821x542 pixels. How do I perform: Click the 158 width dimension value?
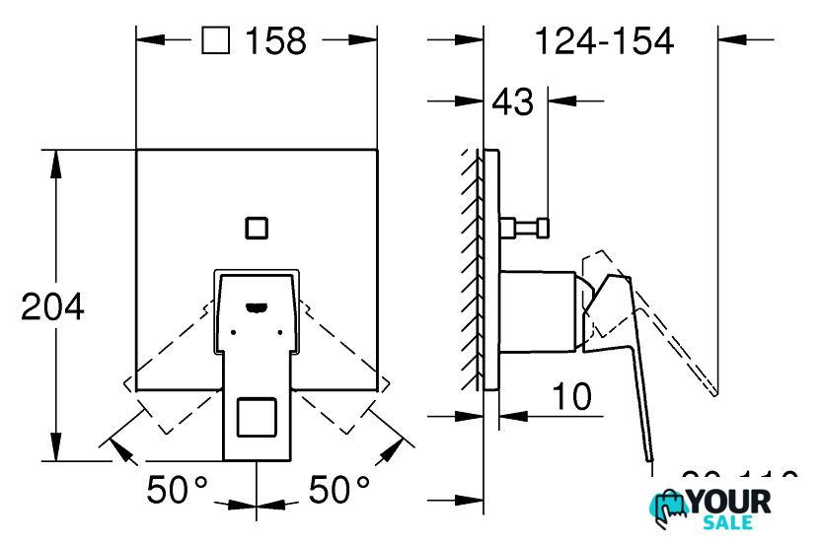pyautogui.click(x=275, y=40)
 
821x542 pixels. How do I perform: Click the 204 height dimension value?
pyautogui.click(x=53, y=306)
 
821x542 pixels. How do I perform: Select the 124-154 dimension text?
pyautogui.click(x=603, y=40)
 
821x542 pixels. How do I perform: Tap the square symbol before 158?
pyautogui.click(x=215, y=40)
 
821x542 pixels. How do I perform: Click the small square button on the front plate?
pyautogui.click(x=257, y=227)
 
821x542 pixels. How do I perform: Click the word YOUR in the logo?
pyautogui.click(x=728, y=501)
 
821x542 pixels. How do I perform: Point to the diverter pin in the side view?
pyautogui.click(x=526, y=229)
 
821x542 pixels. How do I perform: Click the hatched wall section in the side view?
pyautogui.click(x=471, y=271)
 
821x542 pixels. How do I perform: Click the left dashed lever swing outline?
pyautogui.click(x=168, y=379)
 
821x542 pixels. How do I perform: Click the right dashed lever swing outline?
pyautogui.click(x=345, y=379)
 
